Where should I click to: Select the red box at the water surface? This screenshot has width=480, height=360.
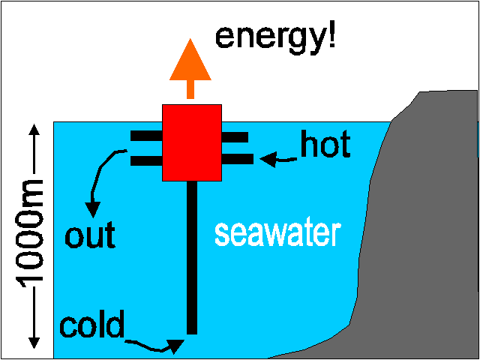192,142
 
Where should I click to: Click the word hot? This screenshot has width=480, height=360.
325,145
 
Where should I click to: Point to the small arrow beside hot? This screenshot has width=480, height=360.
277,158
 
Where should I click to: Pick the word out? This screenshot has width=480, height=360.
90,236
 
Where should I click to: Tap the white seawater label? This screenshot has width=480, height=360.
277,233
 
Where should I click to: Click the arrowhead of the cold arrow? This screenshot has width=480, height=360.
175,345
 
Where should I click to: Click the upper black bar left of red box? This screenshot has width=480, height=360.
146,136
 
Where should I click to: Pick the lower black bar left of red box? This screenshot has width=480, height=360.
146,160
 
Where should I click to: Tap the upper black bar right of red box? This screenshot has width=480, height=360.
235,136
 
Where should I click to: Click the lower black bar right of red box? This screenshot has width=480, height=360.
237,158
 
